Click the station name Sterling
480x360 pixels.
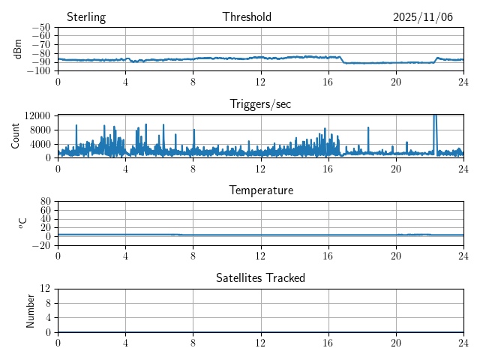pyautogui.click(x=86, y=17)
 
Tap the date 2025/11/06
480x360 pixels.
pyautogui.click(x=423, y=17)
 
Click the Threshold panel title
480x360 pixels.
pyautogui.click(x=247, y=17)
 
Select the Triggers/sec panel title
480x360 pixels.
pyautogui.click(x=260, y=104)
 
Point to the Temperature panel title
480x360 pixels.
pyautogui.click(x=260, y=190)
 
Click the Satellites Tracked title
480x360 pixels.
pyautogui.click(x=260, y=277)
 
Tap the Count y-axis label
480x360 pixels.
pyautogui.click(x=16, y=136)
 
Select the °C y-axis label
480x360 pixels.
pyautogui.click(x=22, y=223)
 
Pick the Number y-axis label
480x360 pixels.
pyautogui.click(x=31, y=310)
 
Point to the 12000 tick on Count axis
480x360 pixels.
pyautogui.click(x=37, y=115)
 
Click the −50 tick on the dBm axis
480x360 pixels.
pyautogui.click(x=40, y=28)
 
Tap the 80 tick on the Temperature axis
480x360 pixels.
pyautogui.click(x=45, y=202)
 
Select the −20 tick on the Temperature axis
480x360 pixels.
pyautogui.click(x=40, y=245)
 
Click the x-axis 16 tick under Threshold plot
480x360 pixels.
pyautogui.click(x=328, y=81)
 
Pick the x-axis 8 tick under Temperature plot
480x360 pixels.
pyautogui.click(x=193, y=255)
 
